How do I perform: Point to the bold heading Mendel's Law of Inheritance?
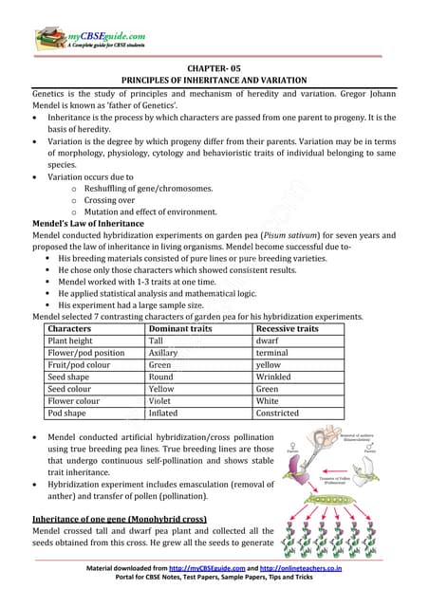coord(85,223)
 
